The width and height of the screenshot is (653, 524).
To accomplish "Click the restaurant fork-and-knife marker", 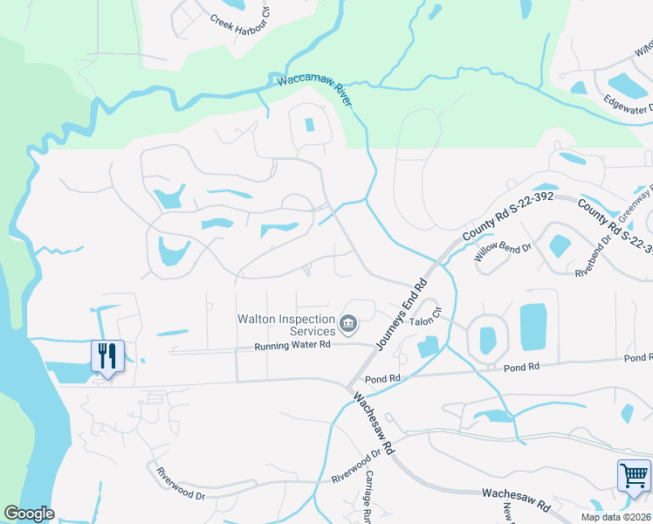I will point(107,356).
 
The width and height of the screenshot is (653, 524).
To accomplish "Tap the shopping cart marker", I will point(634,476).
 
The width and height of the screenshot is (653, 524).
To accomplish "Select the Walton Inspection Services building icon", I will point(348,325).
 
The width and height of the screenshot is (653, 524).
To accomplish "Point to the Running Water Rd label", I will point(292,346).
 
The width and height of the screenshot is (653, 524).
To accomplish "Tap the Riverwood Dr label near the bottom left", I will point(181,483).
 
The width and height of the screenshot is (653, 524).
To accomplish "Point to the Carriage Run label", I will point(370,496).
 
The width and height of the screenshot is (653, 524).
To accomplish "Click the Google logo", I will point(29,514).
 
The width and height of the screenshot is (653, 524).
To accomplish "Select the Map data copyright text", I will point(618,517).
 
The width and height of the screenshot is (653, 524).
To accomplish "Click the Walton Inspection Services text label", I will point(287,325).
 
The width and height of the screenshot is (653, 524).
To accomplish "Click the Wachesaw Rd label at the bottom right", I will point(517,500).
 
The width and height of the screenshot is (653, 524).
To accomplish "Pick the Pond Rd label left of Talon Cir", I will point(382,378).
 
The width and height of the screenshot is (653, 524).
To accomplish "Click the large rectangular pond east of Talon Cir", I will point(533,327).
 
